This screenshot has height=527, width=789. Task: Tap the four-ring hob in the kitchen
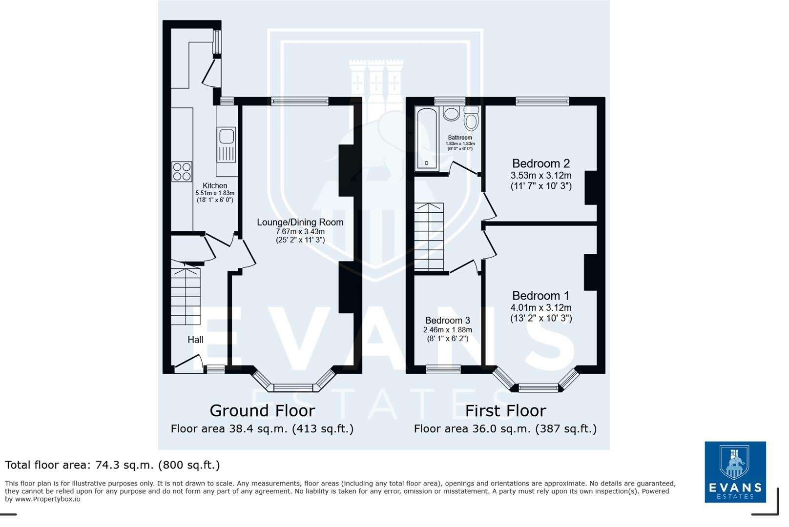pos(182,172)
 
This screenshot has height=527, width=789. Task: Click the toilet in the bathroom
pos(471,119)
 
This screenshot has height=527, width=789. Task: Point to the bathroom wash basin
pos(451,113)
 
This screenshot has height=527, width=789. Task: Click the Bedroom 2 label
pos(540,163)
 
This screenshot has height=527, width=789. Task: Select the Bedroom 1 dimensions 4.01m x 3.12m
pos(540,308)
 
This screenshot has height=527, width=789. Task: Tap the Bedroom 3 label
pos(447,321)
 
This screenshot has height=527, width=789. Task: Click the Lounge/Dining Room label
pos(300,223)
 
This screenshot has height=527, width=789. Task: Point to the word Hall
pos(195,340)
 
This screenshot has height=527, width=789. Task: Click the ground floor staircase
pos(186,295)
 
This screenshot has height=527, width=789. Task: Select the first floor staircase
pos(429,237)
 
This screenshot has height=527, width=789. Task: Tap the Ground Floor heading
pos(262,411)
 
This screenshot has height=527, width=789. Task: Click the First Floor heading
pos(505,411)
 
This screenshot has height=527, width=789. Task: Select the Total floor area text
pos(112,465)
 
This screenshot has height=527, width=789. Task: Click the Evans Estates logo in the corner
pos(735,472)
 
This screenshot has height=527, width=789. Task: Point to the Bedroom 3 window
pos(443,370)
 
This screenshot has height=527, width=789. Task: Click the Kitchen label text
pos(215,186)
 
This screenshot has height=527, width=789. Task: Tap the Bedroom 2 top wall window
pos(542,101)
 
